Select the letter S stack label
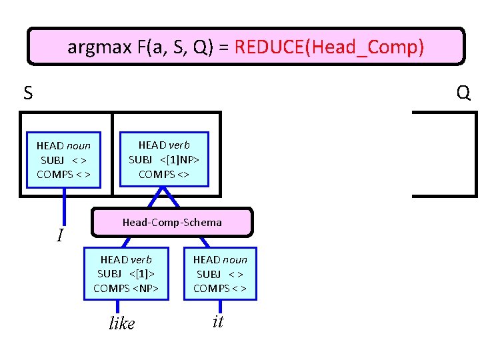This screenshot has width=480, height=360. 28,93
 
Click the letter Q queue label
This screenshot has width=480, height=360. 463,93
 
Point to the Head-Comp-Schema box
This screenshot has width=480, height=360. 172,223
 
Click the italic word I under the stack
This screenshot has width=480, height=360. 60,235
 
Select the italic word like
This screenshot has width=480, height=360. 121,323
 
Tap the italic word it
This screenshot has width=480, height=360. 217,322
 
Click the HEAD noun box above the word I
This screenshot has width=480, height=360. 64,160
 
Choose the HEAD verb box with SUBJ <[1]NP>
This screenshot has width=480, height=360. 164,159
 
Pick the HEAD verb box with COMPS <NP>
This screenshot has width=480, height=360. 126,274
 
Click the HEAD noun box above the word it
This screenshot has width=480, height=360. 220,274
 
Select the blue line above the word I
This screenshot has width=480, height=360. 65,207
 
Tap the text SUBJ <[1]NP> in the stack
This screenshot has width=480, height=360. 164,160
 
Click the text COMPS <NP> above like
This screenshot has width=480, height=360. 126,288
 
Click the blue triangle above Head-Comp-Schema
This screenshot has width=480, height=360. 163,198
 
